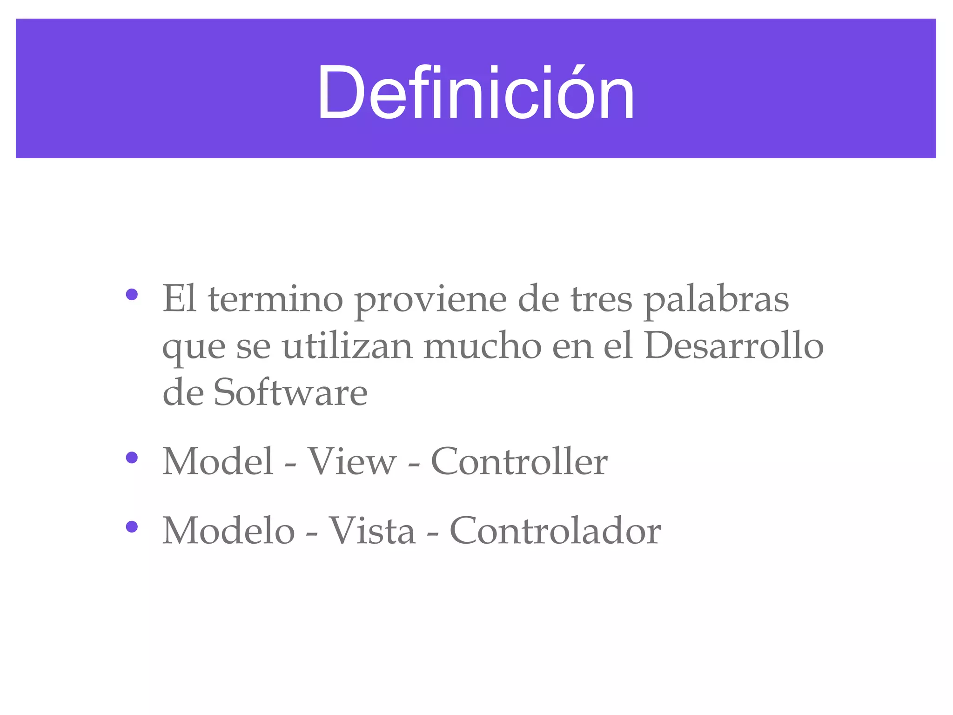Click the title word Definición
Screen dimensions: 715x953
476,93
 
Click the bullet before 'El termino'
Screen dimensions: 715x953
132,295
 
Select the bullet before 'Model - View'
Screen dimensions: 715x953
132,458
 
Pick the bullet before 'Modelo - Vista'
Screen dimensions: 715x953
132,526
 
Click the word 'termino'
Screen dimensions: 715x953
275,299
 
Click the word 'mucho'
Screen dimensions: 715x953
482,347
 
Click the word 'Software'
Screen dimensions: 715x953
290,393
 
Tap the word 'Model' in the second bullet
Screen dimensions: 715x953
217,461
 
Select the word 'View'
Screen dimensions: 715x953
352,461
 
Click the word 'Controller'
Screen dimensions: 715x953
519,461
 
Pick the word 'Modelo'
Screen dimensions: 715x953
228,531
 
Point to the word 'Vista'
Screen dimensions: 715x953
372,531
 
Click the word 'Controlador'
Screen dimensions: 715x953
555,531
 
